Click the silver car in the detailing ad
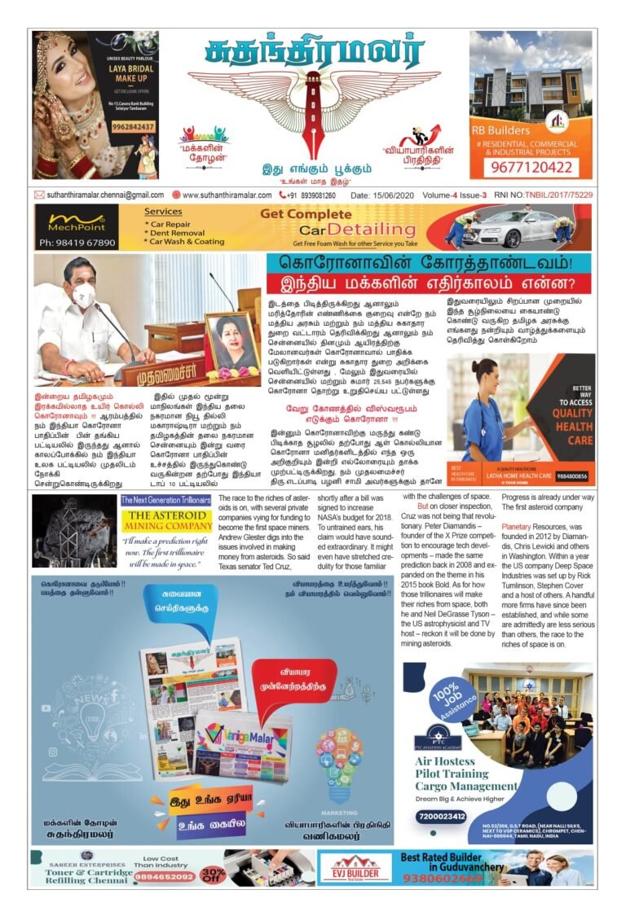[507, 228]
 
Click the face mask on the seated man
[82, 295]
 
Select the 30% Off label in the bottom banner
[214, 874]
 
